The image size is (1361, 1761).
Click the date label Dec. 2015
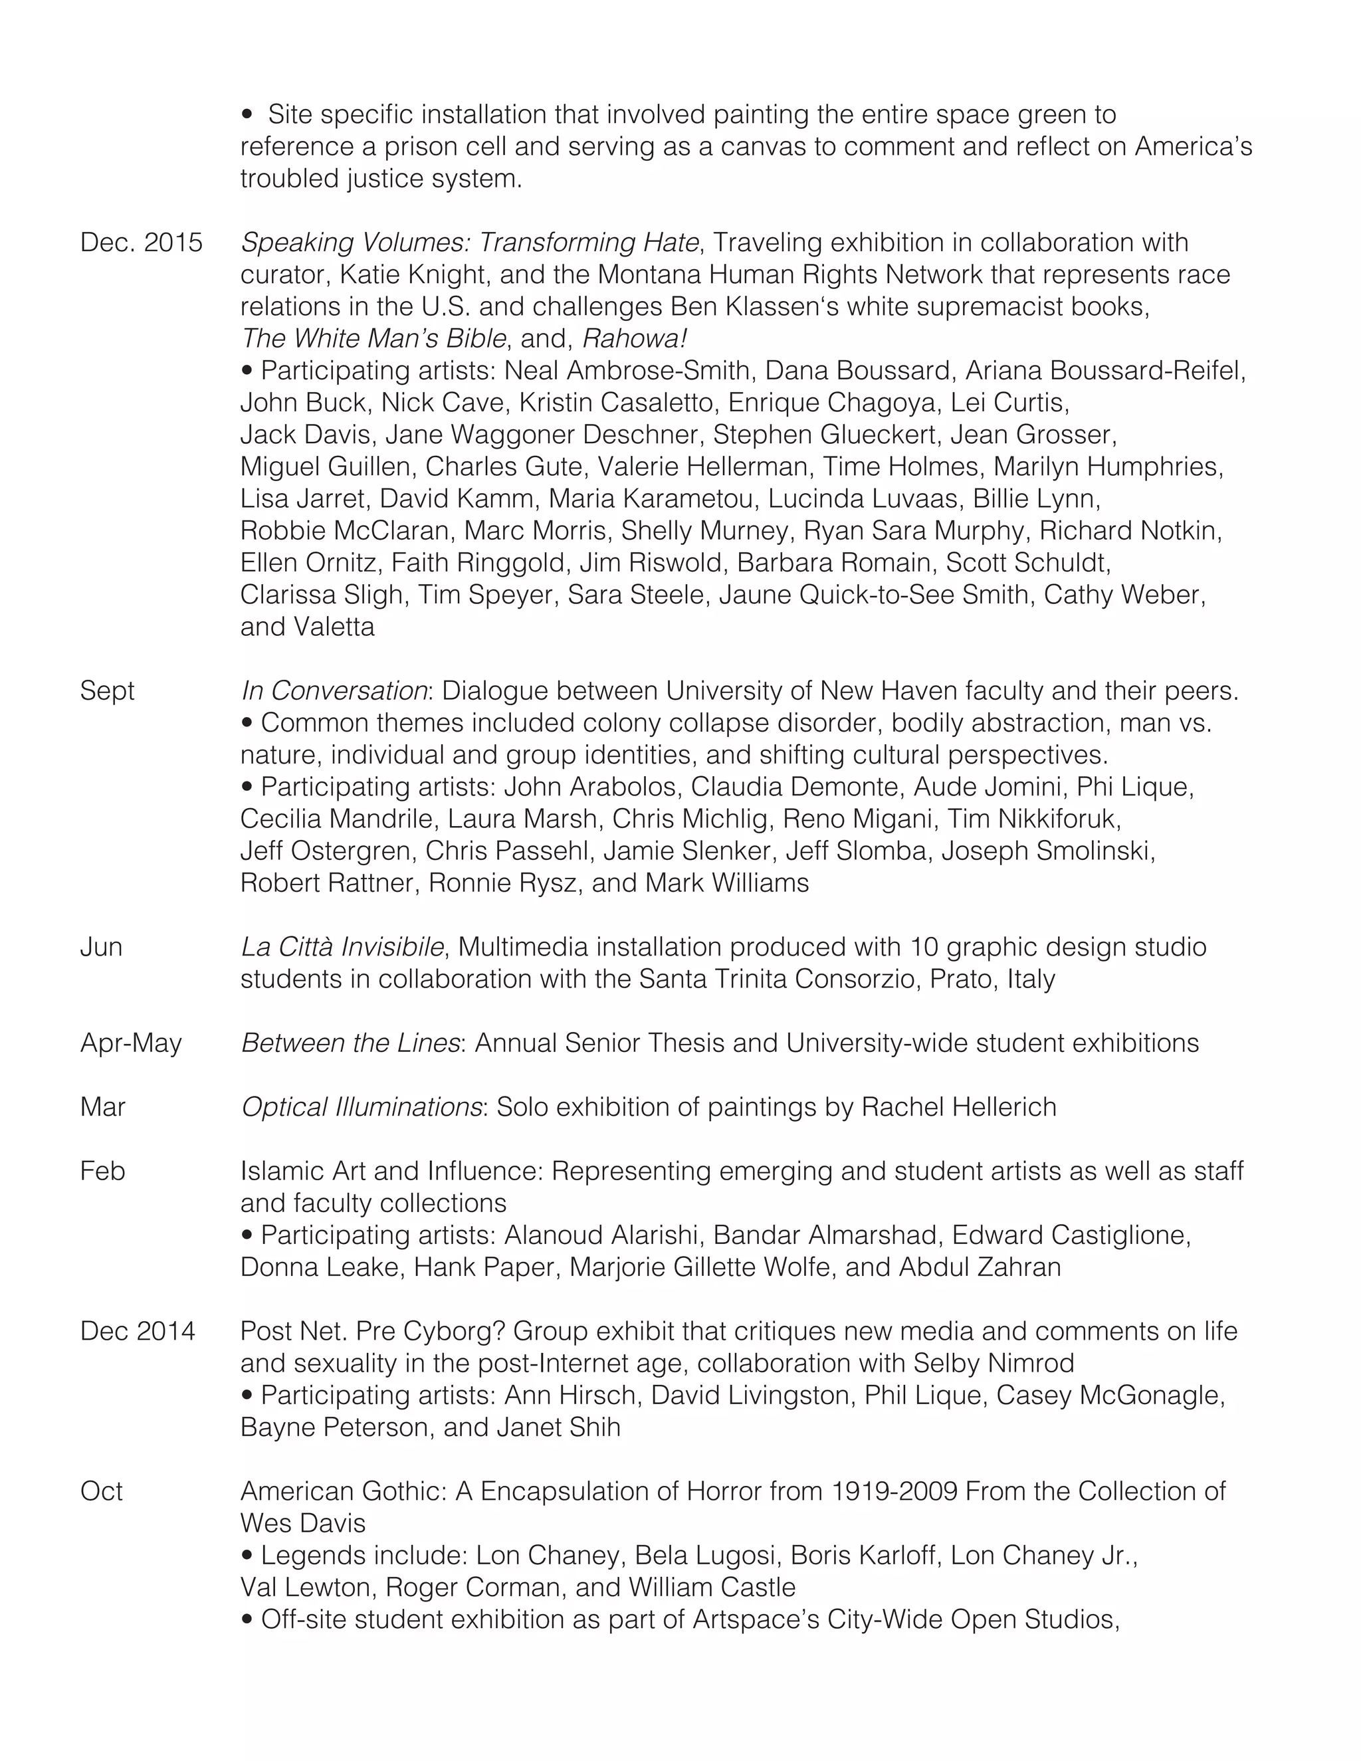pyautogui.click(x=141, y=243)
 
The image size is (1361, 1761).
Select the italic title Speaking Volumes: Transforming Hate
pyautogui.click(x=469, y=243)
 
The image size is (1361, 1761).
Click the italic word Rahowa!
pyautogui.click(x=634, y=339)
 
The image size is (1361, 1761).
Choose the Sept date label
pyautogui.click(x=107, y=691)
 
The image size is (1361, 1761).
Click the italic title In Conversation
pyautogui.click(x=334, y=691)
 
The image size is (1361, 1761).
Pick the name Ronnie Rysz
pyautogui.click(x=502, y=883)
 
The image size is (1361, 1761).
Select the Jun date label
pyautogui.click(x=101, y=946)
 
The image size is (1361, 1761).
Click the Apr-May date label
pyautogui.click(x=131, y=1043)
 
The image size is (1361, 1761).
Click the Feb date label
pyautogui.click(x=102, y=1171)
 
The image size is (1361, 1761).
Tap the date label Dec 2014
pyautogui.click(x=137, y=1331)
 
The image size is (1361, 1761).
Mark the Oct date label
pyautogui.click(x=101, y=1492)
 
